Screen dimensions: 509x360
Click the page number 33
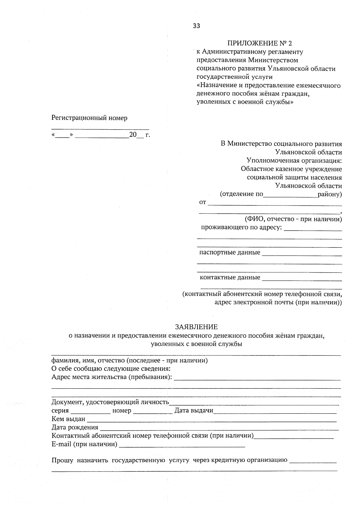pos(196,26)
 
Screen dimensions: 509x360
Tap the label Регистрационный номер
pos(89,118)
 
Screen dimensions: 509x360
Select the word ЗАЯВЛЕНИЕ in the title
pos(196,327)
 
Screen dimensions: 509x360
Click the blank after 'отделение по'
pos(290,196)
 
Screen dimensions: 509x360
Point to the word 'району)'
pos(330,194)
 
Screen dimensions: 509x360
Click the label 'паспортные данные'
pos(229,252)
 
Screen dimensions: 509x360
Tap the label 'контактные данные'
pos(230,277)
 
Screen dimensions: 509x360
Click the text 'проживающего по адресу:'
pos(241,227)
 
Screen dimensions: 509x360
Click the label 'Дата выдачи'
pos(194,410)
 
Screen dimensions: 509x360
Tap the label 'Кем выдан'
pos(68,419)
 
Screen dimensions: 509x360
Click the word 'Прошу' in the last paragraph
pos(62,460)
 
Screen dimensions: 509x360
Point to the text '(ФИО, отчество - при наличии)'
pos(293,219)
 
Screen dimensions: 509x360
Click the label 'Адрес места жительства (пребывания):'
pos(112,377)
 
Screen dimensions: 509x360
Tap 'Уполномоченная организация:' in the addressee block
pos(294,160)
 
